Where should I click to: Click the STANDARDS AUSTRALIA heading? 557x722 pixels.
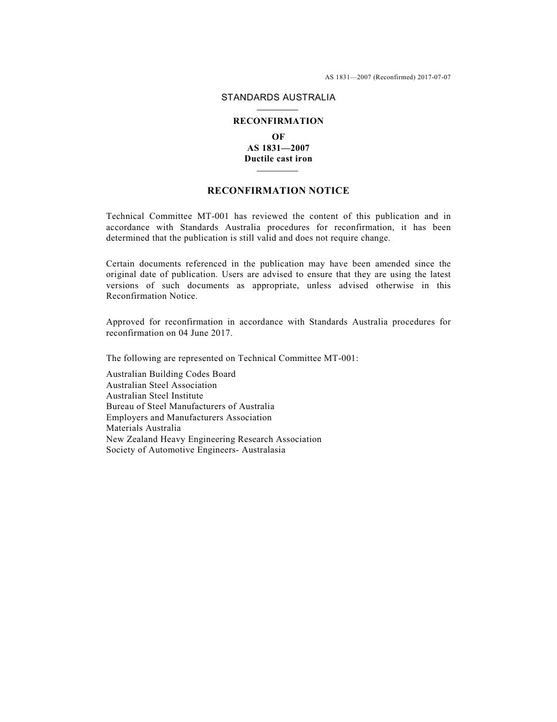coord(278,97)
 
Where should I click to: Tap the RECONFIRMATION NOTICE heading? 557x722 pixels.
coord(278,191)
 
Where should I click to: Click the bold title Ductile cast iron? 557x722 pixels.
coord(278,158)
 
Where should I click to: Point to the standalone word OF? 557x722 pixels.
coord(278,137)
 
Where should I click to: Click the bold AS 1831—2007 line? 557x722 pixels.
coord(278,148)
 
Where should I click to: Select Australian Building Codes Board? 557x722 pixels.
coord(171,375)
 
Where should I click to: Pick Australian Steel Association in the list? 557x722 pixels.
coord(161,386)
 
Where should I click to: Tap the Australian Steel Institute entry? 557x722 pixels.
coord(155,396)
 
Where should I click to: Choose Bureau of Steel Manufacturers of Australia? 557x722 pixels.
coord(190,407)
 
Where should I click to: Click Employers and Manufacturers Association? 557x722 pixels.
coord(189,418)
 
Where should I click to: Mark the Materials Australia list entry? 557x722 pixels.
coord(144,429)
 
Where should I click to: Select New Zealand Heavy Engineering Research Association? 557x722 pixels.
coord(213,439)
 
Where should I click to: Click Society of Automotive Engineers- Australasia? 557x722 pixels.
coord(196,450)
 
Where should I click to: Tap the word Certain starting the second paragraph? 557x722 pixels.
coord(119,264)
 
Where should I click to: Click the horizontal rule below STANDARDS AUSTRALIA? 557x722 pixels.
coord(278,110)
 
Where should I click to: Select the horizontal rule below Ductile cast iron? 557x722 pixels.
coord(278,171)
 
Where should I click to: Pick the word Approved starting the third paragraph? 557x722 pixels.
coord(124,322)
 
